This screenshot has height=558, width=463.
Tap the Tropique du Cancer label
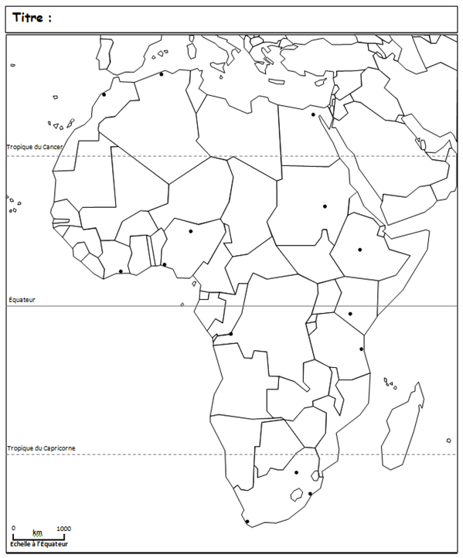click(35, 147)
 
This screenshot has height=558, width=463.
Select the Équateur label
click(22, 299)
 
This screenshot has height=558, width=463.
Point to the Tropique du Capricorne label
click(41, 448)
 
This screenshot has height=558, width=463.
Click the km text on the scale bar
click(37, 532)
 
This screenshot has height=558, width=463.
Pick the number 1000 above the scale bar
click(63, 529)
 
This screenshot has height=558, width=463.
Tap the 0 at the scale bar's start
click(13, 529)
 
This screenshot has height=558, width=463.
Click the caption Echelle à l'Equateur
click(39, 544)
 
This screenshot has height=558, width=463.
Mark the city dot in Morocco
click(104, 94)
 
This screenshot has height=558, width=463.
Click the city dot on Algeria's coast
click(161, 74)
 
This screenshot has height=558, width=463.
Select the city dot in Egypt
click(313, 114)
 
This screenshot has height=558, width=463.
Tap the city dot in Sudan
click(325, 206)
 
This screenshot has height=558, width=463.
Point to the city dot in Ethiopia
click(359, 250)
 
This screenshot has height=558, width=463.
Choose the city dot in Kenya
click(350, 314)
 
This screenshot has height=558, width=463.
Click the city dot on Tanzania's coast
click(361, 349)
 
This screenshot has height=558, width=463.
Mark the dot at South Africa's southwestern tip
click(247, 522)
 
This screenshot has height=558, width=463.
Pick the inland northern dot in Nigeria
click(190, 231)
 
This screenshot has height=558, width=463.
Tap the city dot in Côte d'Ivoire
click(121, 271)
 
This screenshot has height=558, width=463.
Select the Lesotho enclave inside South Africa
click(294, 492)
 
